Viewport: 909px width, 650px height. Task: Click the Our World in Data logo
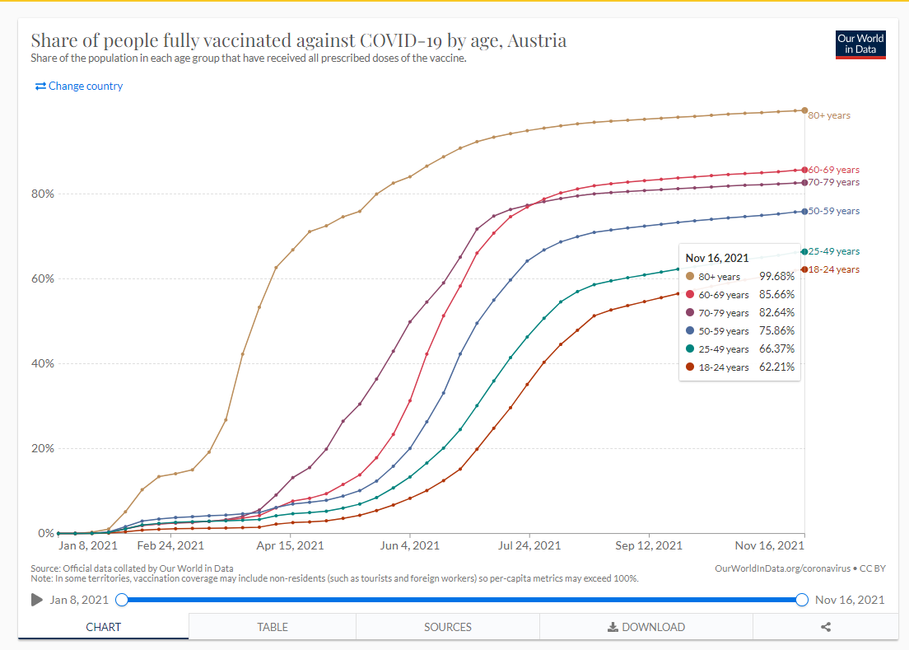coord(860,45)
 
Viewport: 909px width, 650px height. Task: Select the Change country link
coord(79,86)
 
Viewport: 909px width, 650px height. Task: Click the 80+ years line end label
coord(829,115)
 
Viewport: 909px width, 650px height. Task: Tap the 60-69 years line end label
coord(833,169)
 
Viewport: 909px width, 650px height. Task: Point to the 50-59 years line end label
coord(833,211)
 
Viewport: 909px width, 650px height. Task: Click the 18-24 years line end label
coord(833,269)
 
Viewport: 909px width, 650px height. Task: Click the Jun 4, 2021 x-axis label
coord(409,545)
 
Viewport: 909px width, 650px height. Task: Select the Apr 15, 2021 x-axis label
coord(291,545)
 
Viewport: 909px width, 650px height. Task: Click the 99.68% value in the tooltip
coord(776,277)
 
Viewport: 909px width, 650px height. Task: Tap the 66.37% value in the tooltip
coord(776,348)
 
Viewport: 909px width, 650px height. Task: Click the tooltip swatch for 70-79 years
coord(690,313)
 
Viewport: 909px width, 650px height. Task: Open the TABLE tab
coord(273,627)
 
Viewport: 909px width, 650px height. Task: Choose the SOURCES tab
coord(448,627)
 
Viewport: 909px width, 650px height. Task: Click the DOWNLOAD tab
coord(646,627)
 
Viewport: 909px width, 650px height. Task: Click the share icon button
coord(826,627)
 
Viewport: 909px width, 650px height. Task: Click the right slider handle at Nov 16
coord(802,600)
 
